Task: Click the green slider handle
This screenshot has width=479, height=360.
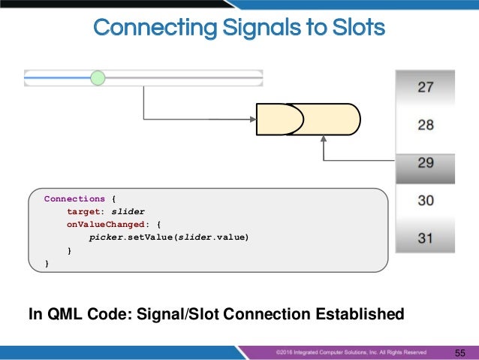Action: [98, 77]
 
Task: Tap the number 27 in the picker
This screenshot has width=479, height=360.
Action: [425, 87]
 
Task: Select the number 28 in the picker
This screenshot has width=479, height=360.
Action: [425, 125]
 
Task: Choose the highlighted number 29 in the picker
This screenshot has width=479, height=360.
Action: [425, 163]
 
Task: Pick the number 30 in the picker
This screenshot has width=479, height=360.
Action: [425, 201]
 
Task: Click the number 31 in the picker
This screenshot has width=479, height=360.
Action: [425, 239]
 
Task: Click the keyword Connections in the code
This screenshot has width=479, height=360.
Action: [74, 199]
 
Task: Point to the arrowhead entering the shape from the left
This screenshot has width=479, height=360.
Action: [253, 118]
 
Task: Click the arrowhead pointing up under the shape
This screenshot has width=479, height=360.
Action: [324, 140]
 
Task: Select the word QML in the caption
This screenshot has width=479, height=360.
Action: [60, 313]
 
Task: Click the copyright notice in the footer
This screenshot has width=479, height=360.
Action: [351, 351]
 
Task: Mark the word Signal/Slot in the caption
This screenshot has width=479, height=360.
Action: [173, 313]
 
